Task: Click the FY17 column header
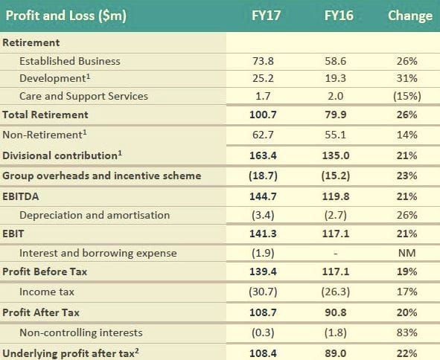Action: pos(267,16)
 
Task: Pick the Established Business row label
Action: pos(69,61)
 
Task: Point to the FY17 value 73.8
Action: pos(267,61)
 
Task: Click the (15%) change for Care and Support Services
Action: pos(407,96)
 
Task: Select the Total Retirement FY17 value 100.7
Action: pos(267,115)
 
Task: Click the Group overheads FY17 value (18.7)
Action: pos(267,176)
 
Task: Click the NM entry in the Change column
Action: pos(407,253)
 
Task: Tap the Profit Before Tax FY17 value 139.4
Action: pos(267,272)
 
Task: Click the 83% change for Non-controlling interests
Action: pos(407,332)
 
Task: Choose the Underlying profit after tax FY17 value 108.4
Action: pos(267,353)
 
